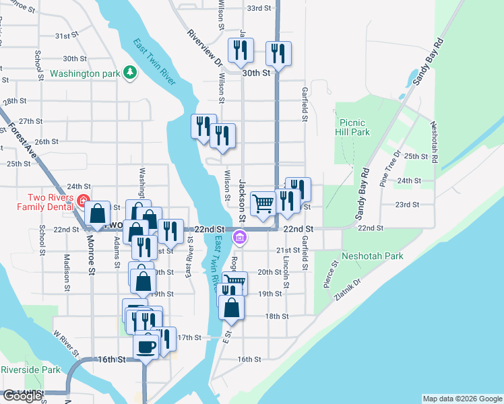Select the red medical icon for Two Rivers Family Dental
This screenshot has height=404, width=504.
(83, 201)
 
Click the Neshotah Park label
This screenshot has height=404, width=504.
(372, 256)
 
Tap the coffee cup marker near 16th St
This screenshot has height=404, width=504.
(146, 347)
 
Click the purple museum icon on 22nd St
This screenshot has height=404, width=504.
(239, 238)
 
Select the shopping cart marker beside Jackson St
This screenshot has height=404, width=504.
(263, 203)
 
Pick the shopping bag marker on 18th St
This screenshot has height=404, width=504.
(231, 307)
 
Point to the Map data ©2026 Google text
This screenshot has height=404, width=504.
(462, 399)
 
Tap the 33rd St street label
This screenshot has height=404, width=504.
(258, 9)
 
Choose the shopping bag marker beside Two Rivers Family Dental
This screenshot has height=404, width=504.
(98, 214)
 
